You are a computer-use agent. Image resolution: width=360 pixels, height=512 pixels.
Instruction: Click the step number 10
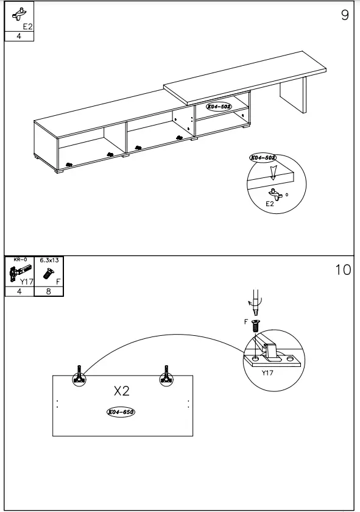[x=344, y=269]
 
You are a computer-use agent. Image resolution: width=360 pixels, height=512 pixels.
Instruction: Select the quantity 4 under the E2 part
[x=18, y=36]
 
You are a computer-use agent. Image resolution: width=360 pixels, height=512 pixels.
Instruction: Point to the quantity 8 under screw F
[x=49, y=291]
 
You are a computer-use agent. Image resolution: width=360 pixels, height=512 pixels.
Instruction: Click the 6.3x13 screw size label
[x=49, y=260]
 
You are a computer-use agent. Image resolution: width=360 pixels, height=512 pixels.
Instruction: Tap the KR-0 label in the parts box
[x=19, y=260]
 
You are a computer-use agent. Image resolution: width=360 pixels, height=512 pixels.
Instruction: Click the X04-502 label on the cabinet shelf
[x=218, y=107]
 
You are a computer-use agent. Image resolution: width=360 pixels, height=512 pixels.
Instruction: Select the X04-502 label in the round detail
[x=263, y=157]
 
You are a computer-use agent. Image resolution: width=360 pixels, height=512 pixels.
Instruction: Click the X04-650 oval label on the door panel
[x=121, y=412]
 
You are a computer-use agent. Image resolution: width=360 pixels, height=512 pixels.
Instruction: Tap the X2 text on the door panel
[x=122, y=390]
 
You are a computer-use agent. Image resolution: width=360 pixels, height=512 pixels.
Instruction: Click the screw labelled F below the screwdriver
[x=255, y=325]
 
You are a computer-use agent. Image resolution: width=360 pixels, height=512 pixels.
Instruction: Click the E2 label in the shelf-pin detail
[x=270, y=204]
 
